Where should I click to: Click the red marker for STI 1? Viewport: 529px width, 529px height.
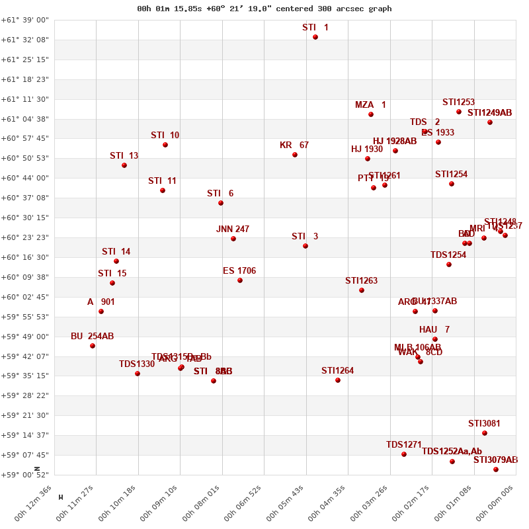(315, 37)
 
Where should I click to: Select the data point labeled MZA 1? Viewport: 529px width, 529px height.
(371, 114)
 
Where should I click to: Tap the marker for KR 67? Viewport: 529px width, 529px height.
(295, 155)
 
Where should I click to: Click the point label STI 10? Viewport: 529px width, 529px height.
(165, 136)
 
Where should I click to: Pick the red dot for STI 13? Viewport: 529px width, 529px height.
(124, 165)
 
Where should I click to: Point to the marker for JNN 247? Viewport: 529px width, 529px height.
(233, 239)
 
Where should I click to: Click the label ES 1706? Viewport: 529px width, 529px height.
(239, 271)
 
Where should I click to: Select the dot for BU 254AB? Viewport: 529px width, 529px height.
(93, 346)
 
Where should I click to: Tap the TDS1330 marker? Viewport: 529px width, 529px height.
(138, 374)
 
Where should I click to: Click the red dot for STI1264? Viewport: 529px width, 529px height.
(338, 380)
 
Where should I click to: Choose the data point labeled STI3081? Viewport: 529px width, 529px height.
(485, 433)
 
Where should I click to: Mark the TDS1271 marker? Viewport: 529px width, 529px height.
(404, 454)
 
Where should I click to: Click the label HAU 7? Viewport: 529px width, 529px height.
(434, 330)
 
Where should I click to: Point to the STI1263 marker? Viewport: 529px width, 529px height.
(362, 290)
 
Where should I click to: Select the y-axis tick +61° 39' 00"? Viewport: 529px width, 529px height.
(25, 20)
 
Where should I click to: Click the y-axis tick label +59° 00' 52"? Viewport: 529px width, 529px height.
(25, 475)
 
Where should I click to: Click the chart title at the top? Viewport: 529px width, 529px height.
(264, 9)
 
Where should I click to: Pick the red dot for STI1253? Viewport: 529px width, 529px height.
(459, 112)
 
